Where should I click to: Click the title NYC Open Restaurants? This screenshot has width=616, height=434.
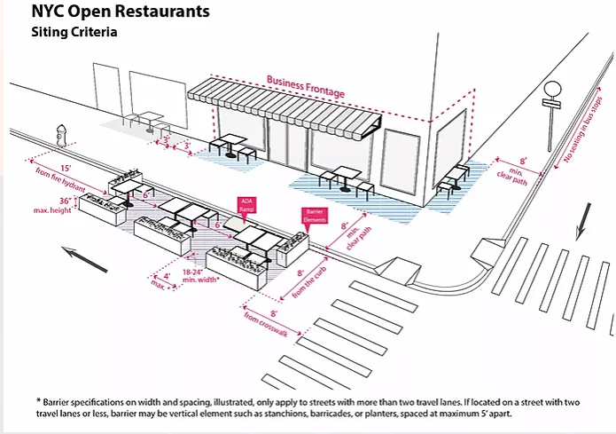point(109,13)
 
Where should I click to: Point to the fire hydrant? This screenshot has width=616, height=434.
point(61,136)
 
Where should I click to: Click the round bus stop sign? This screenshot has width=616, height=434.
point(553,91)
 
